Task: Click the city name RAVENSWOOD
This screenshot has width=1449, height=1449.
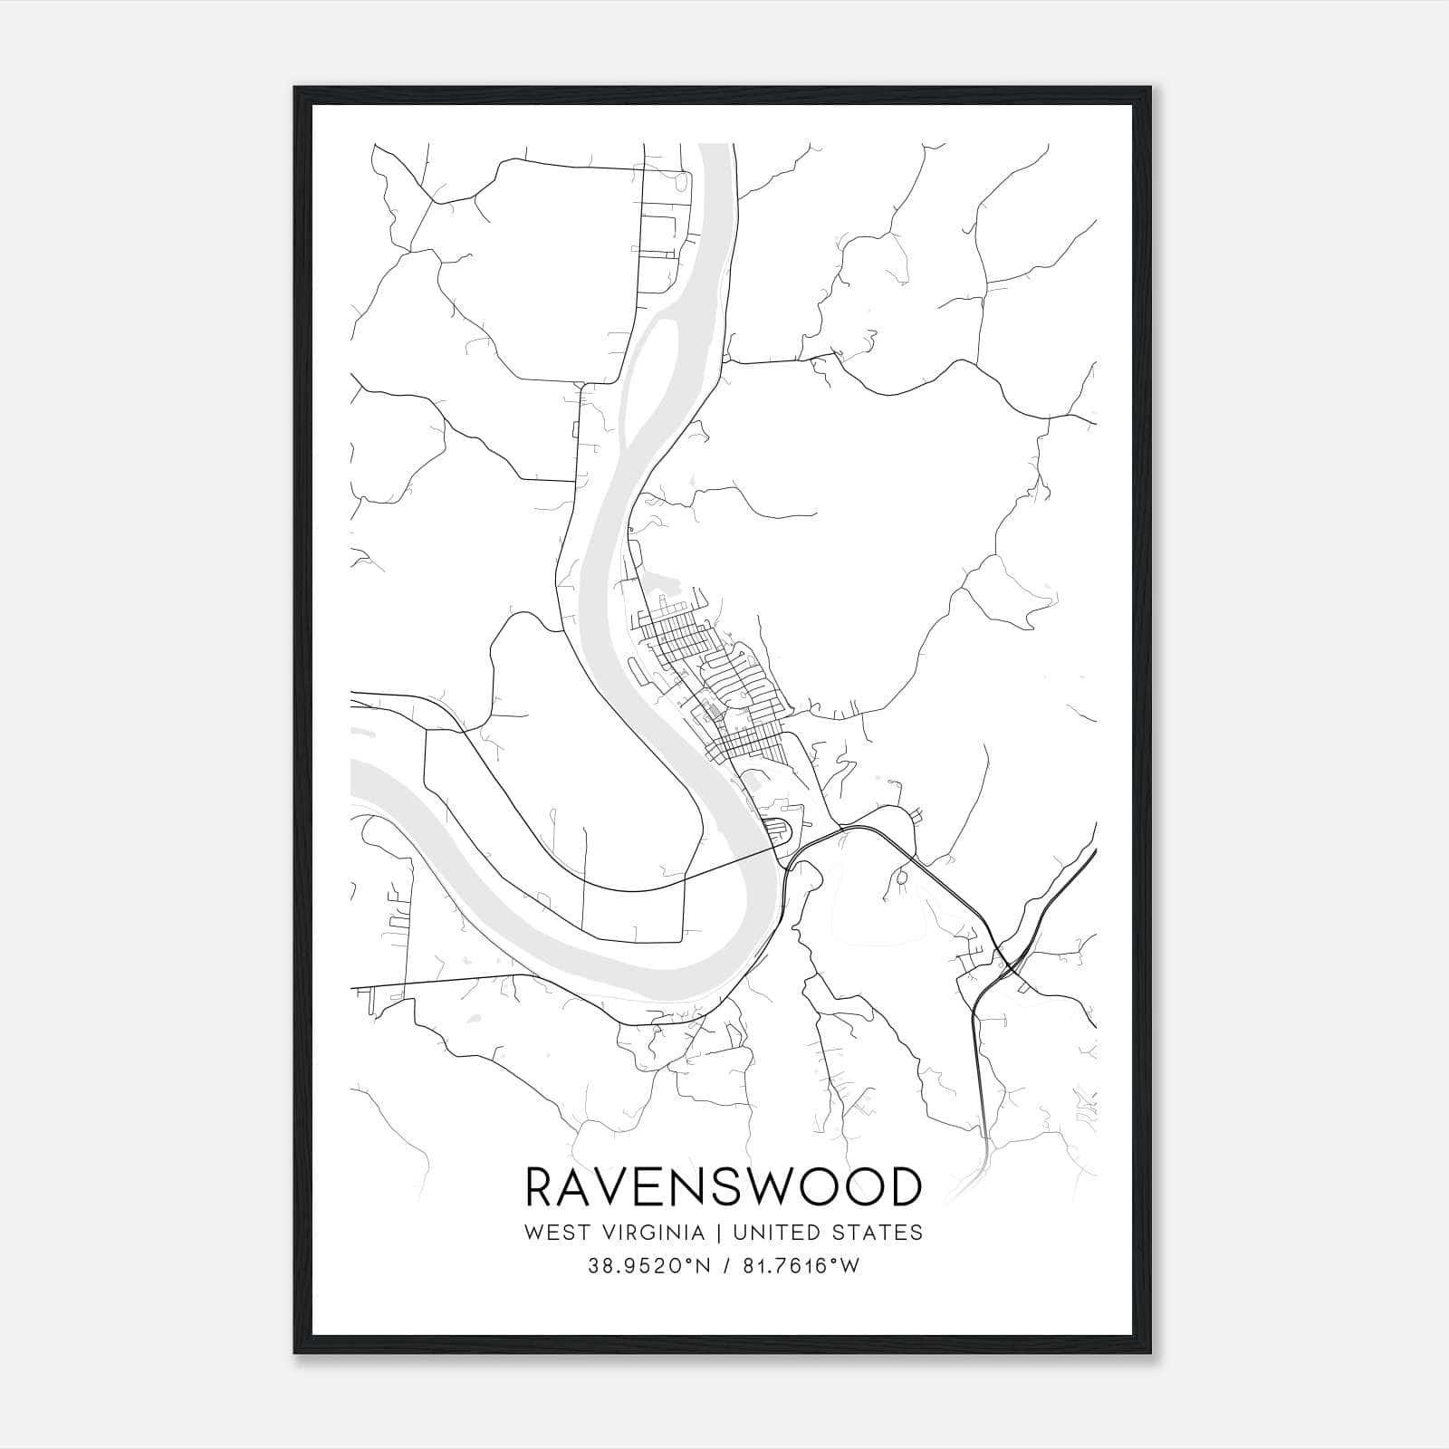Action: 724,1186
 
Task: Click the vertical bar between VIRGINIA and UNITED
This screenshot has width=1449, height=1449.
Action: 718,1233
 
